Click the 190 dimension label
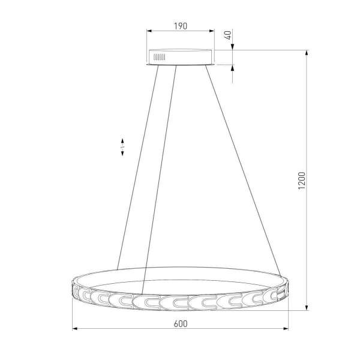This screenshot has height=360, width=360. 181,26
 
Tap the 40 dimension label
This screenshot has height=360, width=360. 229,35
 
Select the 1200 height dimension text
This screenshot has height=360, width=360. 302,181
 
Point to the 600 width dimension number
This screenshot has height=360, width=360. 181,323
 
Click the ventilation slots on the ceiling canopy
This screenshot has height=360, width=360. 159,57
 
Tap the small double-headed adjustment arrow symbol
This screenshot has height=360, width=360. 122,147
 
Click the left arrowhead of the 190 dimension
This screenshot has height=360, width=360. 149,31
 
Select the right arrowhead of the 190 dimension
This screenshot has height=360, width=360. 212,31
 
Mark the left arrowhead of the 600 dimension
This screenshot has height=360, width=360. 75,329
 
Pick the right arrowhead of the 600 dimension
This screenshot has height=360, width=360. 286,329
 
